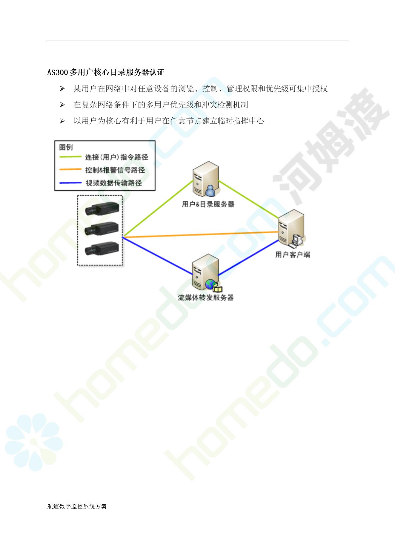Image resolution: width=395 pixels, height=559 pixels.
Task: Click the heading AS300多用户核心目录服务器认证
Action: [x=106, y=72]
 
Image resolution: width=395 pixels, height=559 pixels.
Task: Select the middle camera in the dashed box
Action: [x=102, y=229]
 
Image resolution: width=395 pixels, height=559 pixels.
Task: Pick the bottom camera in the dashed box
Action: [x=102, y=249]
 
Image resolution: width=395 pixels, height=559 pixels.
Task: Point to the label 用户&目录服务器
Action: [x=208, y=204]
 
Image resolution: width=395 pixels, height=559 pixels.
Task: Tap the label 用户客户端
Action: [x=293, y=255]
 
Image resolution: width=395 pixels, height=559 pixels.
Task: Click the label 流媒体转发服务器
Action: [x=206, y=298]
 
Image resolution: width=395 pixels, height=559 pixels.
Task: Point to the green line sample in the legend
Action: [x=70, y=157]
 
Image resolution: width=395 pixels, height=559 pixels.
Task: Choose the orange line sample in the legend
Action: [x=70, y=169]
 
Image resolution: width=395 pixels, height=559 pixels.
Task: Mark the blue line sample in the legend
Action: [x=70, y=183]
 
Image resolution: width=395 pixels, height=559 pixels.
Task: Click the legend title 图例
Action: [x=66, y=147]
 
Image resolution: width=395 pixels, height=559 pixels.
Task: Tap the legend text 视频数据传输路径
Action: [x=114, y=183]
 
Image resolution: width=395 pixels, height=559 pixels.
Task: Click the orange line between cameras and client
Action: [x=200, y=235]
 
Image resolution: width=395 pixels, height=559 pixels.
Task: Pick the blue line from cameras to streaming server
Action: [x=158, y=256]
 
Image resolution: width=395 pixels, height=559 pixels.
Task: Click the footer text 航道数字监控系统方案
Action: [x=77, y=506]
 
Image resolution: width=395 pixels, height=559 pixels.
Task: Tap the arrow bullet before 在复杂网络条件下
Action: [x=62, y=105]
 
